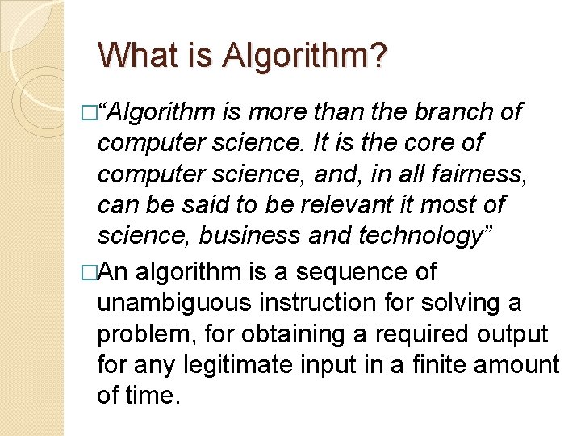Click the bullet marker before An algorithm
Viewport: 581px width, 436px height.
point(90,273)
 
